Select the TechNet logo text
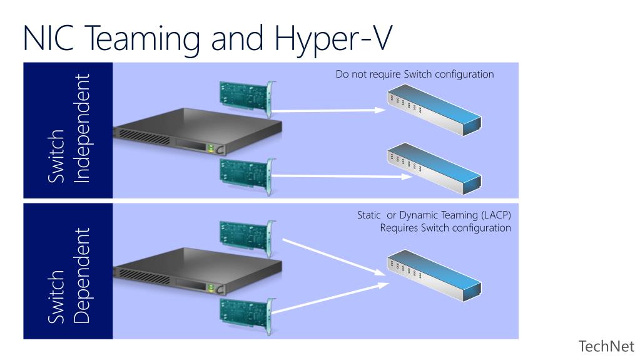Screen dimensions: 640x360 (x=606, y=346)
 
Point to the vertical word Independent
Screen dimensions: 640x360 (x=81, y=128)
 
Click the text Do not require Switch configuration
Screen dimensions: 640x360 (x=415, y=75)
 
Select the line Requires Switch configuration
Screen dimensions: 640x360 (x=445, y=228)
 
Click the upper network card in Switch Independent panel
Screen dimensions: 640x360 (x=247, y=97)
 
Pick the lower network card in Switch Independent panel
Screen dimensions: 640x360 (x=247, y=175)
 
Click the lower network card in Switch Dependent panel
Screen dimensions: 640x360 (x=247, y=316)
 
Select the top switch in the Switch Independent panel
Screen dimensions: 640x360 (x=434, y=110)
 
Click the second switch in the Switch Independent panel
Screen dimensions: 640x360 (x=434, y=168)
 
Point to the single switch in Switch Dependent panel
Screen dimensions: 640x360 (x=434, y=275)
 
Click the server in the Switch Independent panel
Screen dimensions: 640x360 (x=198, y=131)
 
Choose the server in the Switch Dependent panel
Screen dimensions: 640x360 (x=198, y=271)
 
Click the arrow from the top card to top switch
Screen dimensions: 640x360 (x=328, y=110)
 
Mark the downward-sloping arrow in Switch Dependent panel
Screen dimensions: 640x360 (x=334, y=257)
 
